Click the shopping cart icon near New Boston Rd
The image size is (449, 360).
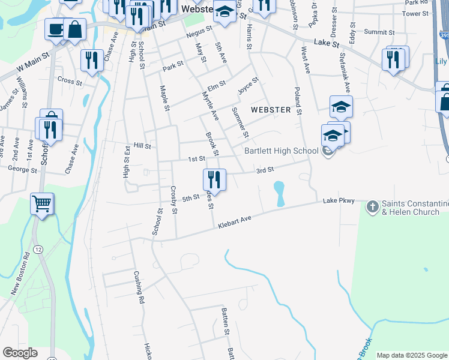(42, 204)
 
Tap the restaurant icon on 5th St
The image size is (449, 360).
(214, 179)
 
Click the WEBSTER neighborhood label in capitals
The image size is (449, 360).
(271, 110)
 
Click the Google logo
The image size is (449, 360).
(20, 353)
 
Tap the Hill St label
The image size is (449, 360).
(142, 146)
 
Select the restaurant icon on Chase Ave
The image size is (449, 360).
(92, 59)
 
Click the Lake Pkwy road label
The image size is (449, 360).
(339, 201)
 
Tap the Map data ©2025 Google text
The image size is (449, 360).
(412, 355)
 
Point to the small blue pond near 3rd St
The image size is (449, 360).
(279, 193)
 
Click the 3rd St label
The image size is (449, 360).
(265, 170)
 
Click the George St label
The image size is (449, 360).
(23, 170)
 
